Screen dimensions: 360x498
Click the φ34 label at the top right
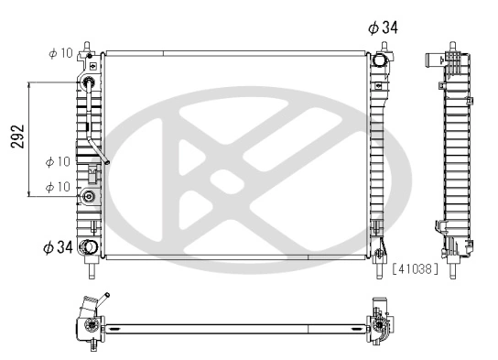point(383,27)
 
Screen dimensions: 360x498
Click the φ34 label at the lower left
point(58,246)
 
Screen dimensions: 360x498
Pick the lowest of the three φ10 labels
point(57,186)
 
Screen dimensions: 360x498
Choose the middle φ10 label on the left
point(57,162)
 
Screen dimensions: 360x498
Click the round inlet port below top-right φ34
point(380,61)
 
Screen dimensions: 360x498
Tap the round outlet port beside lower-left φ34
point(89,247)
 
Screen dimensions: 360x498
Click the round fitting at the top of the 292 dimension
point(90,84)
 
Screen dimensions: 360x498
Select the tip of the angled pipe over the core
point(107,166)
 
